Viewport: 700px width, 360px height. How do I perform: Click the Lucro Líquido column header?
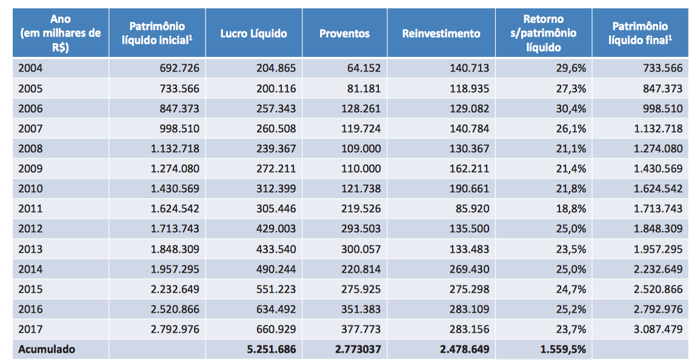(x=253, y=34)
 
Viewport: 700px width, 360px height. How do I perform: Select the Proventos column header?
(x=344, y=34)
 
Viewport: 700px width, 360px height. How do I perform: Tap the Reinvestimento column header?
(x=441, y=34)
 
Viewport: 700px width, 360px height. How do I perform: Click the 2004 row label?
(x=30, y=68)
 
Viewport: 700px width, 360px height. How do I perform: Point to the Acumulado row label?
(x=47, y=349)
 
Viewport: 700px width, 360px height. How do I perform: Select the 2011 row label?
(x=30, y=209)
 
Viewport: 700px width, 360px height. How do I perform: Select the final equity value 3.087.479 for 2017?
(x=658, y=329)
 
